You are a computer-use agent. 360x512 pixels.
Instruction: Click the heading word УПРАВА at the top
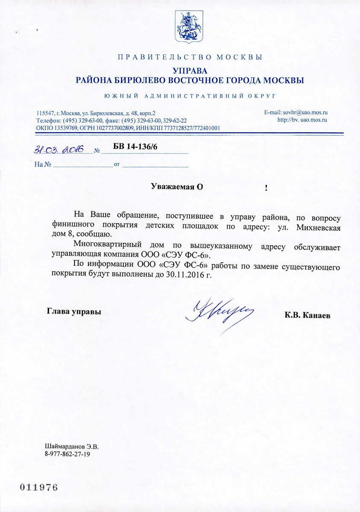pos(190,70)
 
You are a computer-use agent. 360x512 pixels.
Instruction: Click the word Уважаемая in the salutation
pos(173,186)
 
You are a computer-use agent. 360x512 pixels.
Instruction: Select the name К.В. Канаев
pos(307,315)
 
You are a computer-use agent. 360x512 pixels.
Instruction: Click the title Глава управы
pos(73,311)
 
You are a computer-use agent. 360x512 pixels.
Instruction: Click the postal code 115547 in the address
pos(46,113)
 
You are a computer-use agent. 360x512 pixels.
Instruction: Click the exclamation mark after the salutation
pos(266,188)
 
